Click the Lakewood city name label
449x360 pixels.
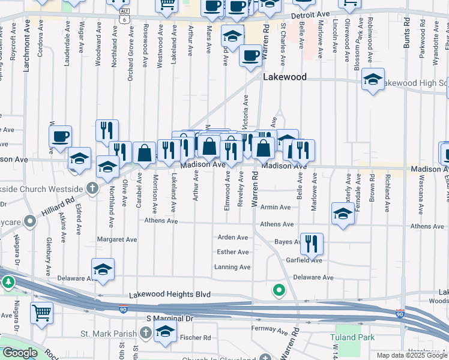pos(285,77)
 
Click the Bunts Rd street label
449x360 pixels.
pos(406,28)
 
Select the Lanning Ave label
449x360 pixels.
pos(233,267)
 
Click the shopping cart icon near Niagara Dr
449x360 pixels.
pos(42,312)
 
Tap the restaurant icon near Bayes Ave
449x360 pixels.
pos(312,243)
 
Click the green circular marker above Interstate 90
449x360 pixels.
pos(279,291)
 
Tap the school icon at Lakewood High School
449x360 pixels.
pos(373,79)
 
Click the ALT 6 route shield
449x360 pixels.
pos(124,16)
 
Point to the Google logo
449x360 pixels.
pos(19,353)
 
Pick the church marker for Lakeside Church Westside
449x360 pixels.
pos(92,188)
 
